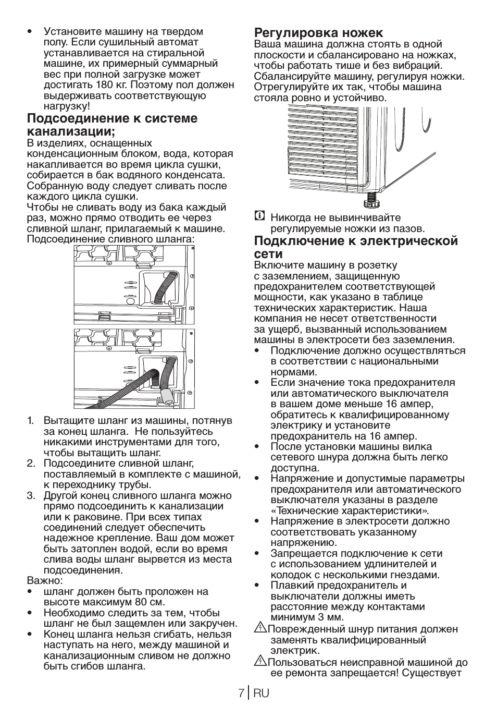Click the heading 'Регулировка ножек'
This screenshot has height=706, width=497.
pos(318,32)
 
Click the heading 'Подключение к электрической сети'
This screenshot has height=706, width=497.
pos(356,247)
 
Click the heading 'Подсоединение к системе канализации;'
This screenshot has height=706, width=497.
pos(112,124)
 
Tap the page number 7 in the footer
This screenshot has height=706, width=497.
pos(241,693)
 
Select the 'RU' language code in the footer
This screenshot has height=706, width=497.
pos(262,693)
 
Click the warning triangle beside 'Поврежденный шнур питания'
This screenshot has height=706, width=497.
pos(260,629)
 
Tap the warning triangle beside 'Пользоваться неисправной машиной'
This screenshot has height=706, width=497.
pos(260,662)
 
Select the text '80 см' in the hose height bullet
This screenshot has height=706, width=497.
pos(135,602)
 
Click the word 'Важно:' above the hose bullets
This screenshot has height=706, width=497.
pos(45,580)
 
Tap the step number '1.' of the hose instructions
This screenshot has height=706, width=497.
pos(31,420)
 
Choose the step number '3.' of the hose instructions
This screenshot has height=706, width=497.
pos(31,495)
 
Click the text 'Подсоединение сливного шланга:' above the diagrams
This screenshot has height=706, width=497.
pos(110,239)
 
